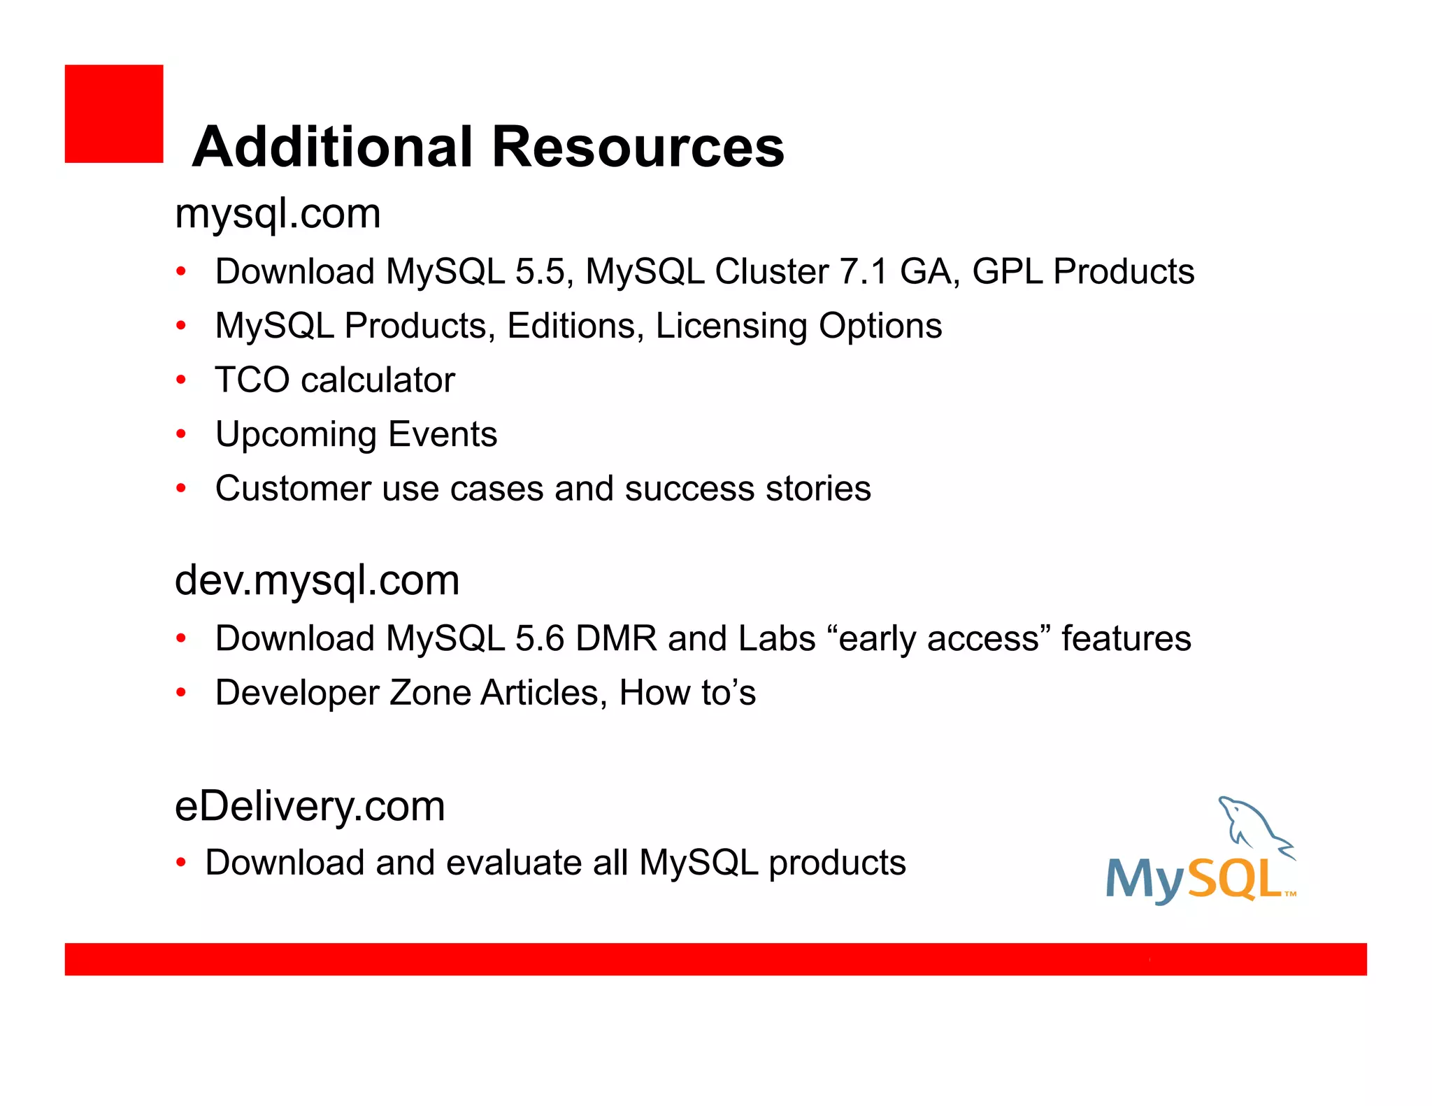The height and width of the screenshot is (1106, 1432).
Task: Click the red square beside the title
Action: pyautogui.click(x=114, y=114)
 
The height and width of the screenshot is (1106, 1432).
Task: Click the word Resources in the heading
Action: pyautogui.click(x=638, y=147)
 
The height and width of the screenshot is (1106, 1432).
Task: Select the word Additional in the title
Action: pyautogui.click(x=333, y=147)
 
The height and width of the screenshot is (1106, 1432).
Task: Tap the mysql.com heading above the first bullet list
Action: pyautogui.click(x=278, y=214)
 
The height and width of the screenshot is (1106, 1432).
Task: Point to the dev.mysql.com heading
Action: pyautogui.click(x=317, y=581)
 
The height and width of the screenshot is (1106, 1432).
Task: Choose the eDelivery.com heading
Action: pyautogui.click(x=310, y=807)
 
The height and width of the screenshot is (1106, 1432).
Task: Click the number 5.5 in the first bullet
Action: pyautogui.click(x=539, y=272)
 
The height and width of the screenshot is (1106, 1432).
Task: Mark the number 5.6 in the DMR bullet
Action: pyautogui.click(x=539, y=639)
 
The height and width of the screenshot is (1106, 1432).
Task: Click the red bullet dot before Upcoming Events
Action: pyautogui.click(x=181, y=435)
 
